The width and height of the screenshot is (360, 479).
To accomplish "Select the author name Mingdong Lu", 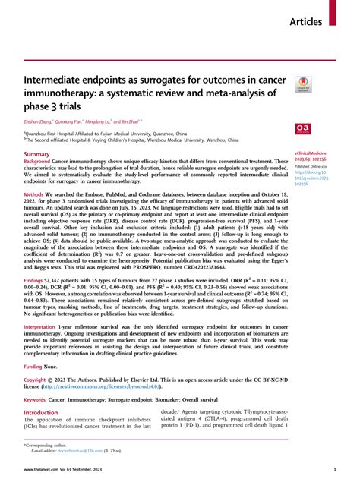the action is coord(99,121).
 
